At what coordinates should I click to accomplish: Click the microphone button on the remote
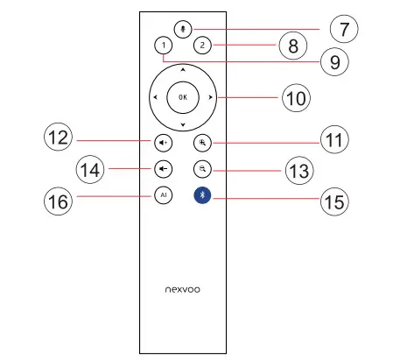182,27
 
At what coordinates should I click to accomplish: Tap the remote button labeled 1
163,45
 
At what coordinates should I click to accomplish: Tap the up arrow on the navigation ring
182,68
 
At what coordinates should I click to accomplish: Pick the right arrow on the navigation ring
211,96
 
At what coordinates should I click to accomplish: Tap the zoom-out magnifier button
203,168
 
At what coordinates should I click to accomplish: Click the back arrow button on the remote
164,168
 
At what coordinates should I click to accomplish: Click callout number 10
296,98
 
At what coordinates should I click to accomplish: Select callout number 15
334,201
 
